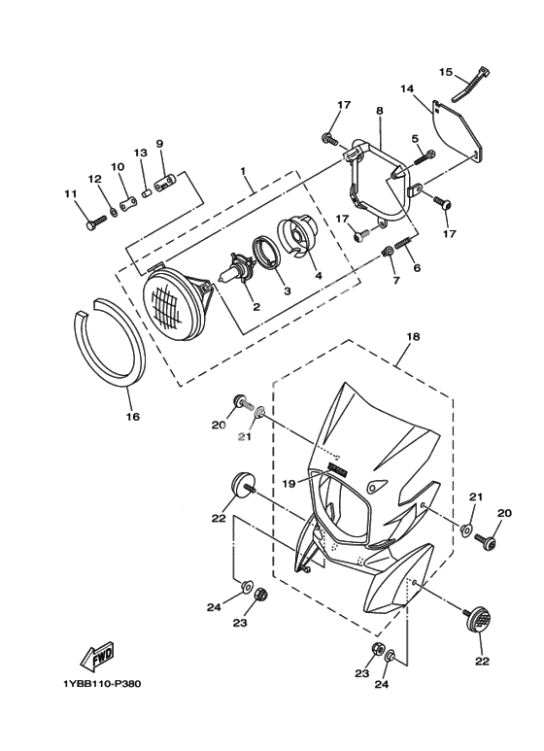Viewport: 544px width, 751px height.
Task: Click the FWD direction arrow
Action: point(97,656)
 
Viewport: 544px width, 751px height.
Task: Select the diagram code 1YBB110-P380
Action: point(102,683)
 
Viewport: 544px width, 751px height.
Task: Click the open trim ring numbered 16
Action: point(111,341)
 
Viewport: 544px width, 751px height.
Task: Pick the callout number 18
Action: point(413,337)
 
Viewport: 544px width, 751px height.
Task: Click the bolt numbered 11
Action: point(97,222)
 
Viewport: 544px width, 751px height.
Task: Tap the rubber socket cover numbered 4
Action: point(297,237)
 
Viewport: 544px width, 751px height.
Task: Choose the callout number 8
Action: point(380,110)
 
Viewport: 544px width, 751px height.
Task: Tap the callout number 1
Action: point(243,171)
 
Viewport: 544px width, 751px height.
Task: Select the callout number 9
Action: point(159,143)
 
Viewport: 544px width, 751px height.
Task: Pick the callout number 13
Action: point(140,153)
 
